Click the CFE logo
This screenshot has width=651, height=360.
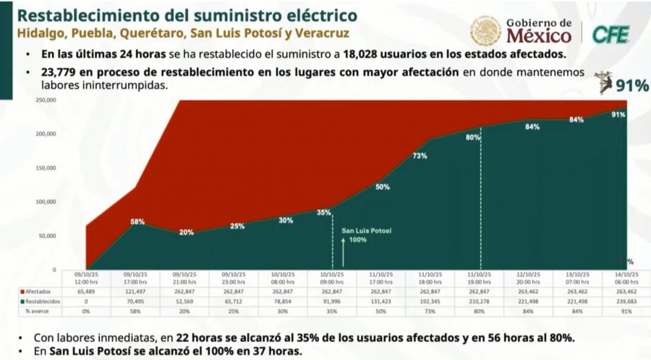click(x=610, y=33)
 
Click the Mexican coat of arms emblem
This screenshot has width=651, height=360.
click(x=485, y=32)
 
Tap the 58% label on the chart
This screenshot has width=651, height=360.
click(x=137, y=222)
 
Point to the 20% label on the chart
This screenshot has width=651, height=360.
click(x=187, y=232)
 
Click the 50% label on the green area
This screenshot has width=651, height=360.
click(x=383, y=187)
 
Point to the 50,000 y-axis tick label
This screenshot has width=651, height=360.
click(x=48, y=236)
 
